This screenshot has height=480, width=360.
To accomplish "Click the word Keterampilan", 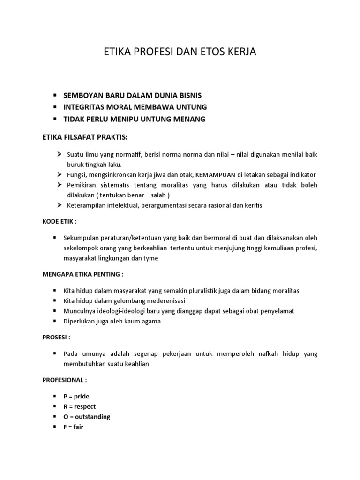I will click(x=89, y=205).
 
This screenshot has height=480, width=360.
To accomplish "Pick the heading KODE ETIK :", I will click(x=59, y=221).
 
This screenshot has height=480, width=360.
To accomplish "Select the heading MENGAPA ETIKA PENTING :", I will click(x=83, y=274).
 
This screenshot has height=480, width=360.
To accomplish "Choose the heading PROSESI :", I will click(x=56, y=337).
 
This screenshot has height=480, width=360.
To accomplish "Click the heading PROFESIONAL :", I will click(x=65, y=379).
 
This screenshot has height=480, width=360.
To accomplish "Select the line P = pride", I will click(x=76, y=396).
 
